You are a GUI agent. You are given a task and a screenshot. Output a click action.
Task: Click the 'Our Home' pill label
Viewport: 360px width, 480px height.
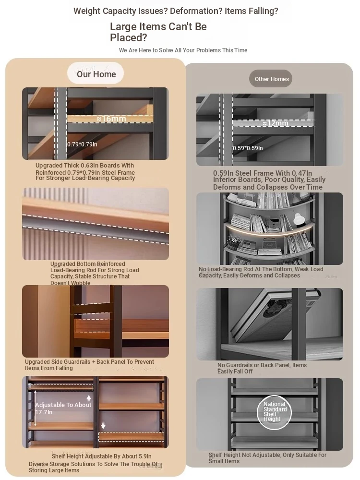(96, 73)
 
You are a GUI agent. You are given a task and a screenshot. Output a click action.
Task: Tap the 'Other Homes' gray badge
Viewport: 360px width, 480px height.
(271, 79)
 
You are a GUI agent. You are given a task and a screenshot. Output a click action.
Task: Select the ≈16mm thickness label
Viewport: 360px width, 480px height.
(111, 119)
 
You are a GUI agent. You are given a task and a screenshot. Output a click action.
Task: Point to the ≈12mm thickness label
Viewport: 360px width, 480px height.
(275, 123)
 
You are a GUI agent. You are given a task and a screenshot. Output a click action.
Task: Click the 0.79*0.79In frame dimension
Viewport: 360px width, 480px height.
(82, 144)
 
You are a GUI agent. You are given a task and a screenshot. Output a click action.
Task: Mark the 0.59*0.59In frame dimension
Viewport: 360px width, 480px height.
(248, 148)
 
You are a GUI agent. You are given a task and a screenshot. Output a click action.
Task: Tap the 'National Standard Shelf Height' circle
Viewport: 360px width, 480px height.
(274, 412)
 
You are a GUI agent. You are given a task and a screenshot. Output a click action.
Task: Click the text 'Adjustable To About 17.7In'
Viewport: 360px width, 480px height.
(63, 408)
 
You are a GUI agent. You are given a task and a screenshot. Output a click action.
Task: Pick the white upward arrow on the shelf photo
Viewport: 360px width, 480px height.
(89, 398)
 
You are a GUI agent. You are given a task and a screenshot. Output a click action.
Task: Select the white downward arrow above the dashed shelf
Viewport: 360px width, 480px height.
(103, 425)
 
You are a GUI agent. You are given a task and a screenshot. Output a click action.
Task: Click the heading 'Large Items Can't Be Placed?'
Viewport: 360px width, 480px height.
(158, 32)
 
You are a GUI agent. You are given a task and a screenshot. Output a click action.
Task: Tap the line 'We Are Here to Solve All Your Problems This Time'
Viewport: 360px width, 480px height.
(183, 50)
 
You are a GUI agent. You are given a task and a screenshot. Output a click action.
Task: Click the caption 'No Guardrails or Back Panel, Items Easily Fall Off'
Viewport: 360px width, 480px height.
(262, 368)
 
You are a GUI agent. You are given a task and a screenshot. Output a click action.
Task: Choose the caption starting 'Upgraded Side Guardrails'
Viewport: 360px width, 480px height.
(89, 365)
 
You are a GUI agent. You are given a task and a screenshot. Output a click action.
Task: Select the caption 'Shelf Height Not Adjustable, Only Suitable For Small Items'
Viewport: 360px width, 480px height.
(267, 458)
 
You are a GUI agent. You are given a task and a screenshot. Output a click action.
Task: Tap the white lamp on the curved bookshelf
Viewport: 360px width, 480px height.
(298, 219)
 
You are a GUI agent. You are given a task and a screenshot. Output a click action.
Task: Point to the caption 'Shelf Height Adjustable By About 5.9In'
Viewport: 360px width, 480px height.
(101, 456)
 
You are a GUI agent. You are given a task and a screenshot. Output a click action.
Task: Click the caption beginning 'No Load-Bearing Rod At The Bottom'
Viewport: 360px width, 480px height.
(261, 272)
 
